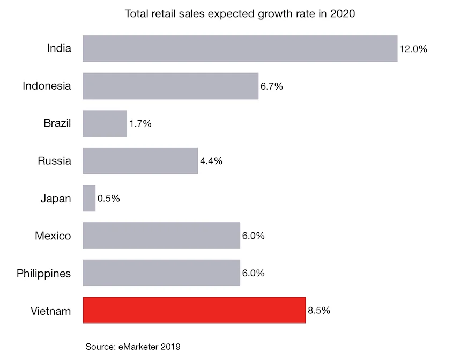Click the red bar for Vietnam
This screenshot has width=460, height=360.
194,310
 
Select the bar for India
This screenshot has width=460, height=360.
240,49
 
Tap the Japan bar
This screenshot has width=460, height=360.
89,199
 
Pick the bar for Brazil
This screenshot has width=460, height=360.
105,123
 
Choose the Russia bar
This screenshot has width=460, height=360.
140,161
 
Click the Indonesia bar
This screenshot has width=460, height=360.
170,86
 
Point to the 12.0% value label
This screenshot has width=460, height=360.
413,49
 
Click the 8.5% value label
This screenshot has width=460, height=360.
319,311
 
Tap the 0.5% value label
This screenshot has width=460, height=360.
109,199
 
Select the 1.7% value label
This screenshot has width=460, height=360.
140,124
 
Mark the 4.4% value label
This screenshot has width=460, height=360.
211,161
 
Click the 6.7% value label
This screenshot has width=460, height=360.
272,86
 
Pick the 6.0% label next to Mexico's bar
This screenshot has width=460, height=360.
254,236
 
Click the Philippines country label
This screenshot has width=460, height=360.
44,274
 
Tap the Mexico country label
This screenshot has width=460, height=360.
53,236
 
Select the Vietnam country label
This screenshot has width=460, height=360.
51,311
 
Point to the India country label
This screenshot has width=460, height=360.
59,49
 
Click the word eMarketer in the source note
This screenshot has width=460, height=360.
137,347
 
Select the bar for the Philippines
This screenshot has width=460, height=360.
161,273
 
